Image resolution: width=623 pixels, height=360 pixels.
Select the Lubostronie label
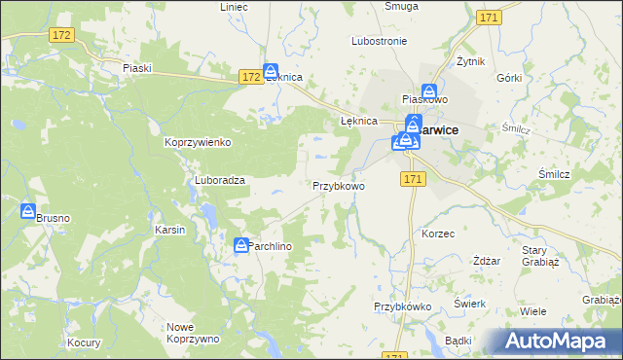[x=379, y=42]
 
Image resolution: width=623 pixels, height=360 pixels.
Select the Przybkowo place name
[x=338, y=185]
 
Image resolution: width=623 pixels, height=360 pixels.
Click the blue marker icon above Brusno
[x=28, y=211]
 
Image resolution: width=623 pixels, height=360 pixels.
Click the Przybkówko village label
[x=403, y=306]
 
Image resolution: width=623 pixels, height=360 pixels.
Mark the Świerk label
[x=470, y=304]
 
